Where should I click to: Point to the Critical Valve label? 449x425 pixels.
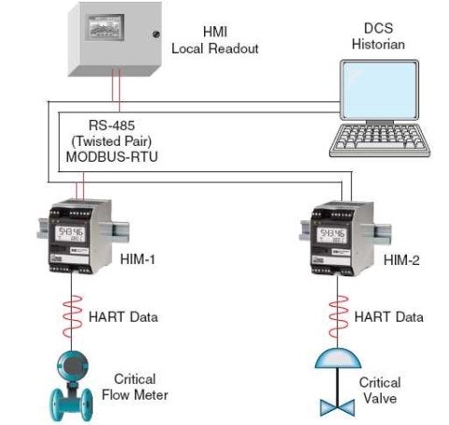tap(380, 389)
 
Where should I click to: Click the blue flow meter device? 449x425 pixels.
tap(72, 380)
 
